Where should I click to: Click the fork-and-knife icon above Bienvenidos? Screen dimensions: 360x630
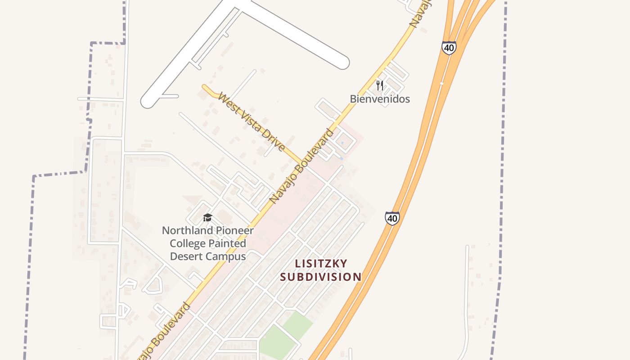[380, 85]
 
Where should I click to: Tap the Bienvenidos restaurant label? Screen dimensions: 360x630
[380, 99]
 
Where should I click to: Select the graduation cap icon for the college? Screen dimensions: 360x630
[207, 218]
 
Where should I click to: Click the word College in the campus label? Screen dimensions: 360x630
[186, 243]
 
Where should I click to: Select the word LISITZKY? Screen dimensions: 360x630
[321, 263]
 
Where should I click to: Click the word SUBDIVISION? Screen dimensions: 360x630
[321, 276]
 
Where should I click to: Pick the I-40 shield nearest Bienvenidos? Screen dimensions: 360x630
[449, 48]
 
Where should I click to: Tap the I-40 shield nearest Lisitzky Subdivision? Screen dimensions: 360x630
[392, 218]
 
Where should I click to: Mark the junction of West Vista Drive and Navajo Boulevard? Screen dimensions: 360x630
[301, 162]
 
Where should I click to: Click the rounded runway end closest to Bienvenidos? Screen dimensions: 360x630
[342, 63]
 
